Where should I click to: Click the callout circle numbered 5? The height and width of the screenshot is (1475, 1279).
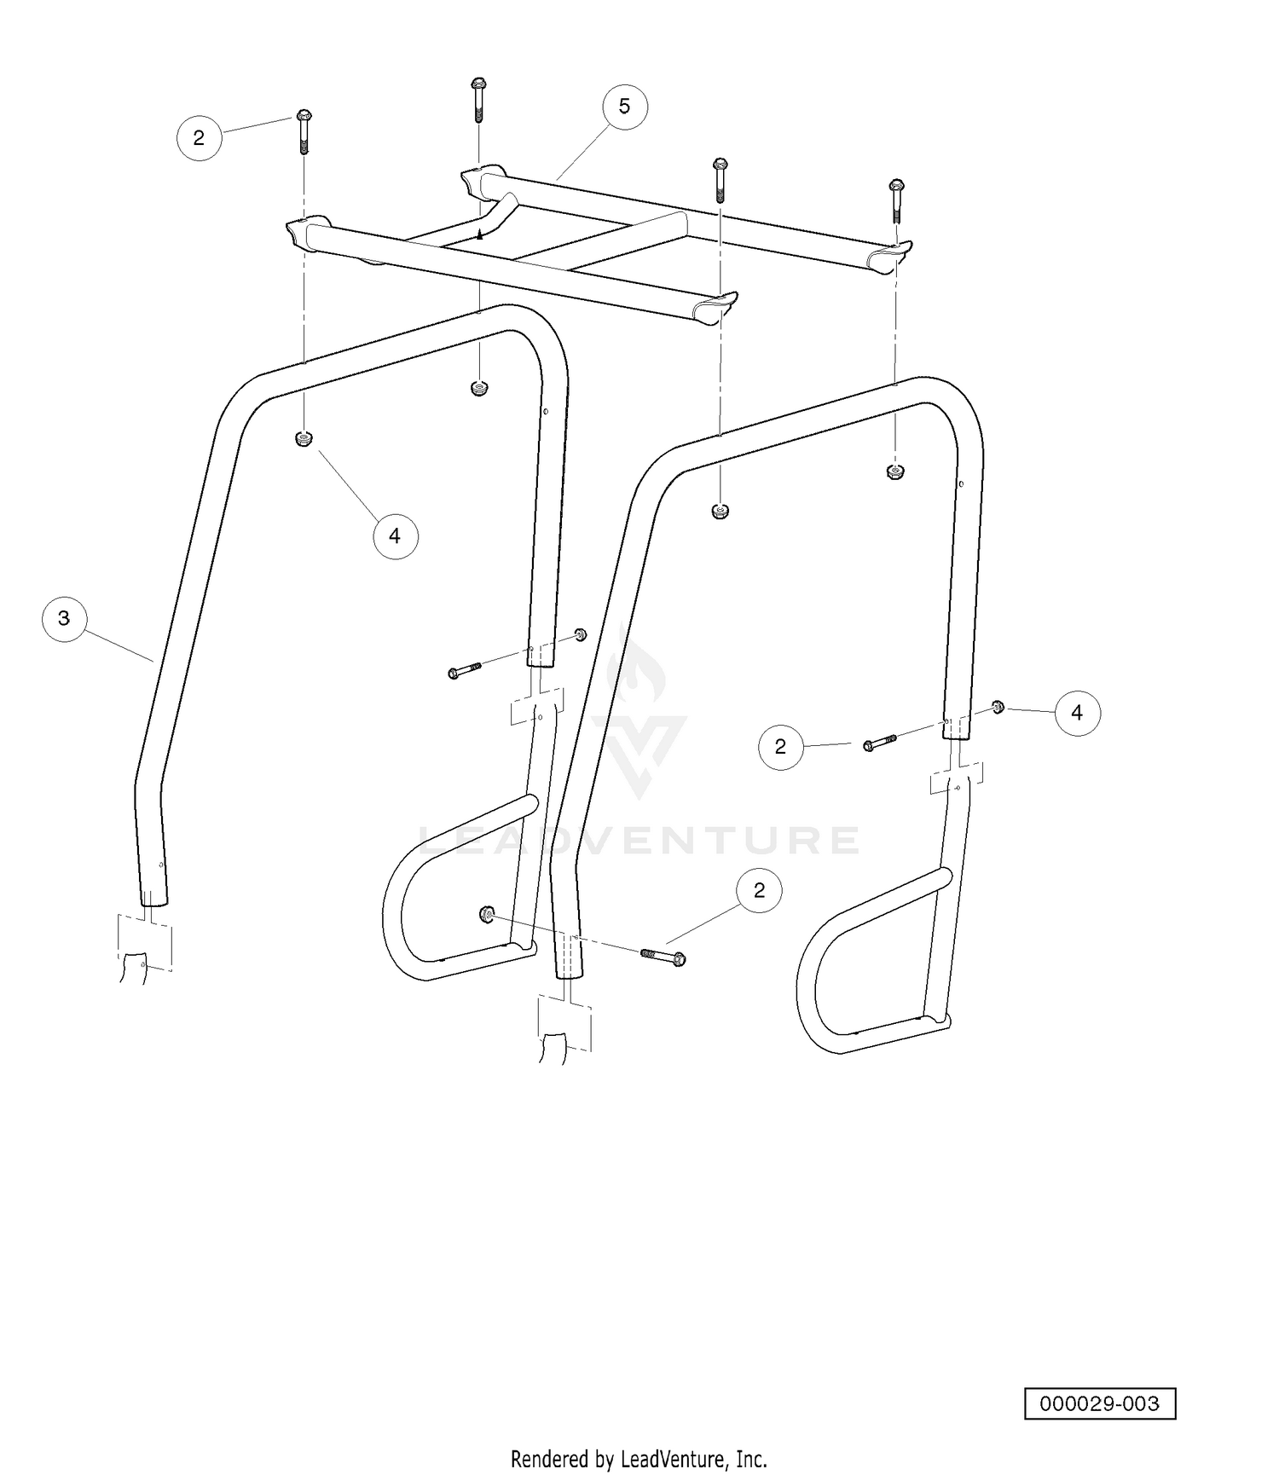pos(624,107)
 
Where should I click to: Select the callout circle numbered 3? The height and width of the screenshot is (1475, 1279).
pos(64,617)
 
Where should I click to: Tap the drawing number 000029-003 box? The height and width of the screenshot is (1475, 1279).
pos(1100,1404)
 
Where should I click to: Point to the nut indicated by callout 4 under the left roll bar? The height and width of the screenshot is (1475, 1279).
pos(303,440)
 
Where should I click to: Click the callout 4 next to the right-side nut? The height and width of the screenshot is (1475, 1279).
pos(1077,712)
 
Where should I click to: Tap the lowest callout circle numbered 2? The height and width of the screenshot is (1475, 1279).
pos(759,890)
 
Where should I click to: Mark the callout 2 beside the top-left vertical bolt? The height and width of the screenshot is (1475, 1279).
pos(199,137)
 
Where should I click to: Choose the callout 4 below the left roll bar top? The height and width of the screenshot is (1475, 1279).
pos(395,535)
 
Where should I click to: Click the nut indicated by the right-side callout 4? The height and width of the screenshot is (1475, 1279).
pos(997,706)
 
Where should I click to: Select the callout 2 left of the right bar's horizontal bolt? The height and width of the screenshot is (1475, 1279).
pos(780,746)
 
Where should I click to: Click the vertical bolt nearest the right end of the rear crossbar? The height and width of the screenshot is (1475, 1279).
pos(896,201)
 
